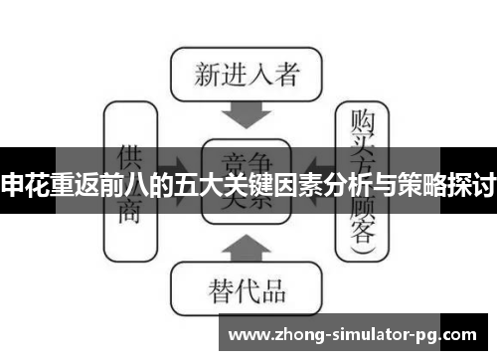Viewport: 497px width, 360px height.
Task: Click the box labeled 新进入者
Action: point(248,74)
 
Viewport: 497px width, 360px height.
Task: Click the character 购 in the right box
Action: point(364,125)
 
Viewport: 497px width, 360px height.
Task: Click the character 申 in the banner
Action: point(13,184)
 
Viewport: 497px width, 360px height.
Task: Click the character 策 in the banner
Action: point(410,184)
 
